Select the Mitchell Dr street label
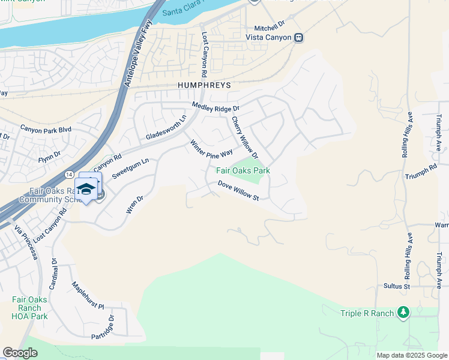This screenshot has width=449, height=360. click(x=268, y=28)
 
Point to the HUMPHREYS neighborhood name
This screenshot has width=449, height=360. click(x=204, y=86)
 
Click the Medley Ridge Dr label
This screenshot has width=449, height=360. click(x=215, y=107)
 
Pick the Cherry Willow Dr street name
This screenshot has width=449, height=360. click(x=245, y=138)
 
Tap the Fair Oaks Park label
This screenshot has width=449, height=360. click(x=243, y=171)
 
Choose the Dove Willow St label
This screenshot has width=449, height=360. click(x=238, y=191)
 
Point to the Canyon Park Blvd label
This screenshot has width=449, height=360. click(x=46, y=129)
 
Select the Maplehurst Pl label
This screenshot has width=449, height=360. click(x=88, y=293)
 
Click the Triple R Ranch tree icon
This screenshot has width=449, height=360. click(x=403, y=312)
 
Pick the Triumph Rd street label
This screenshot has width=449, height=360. click(x=421, y=171)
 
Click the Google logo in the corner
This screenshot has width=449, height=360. click(x=20, y=353)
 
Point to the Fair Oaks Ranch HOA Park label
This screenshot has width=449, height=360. click(x=29, y=308)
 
